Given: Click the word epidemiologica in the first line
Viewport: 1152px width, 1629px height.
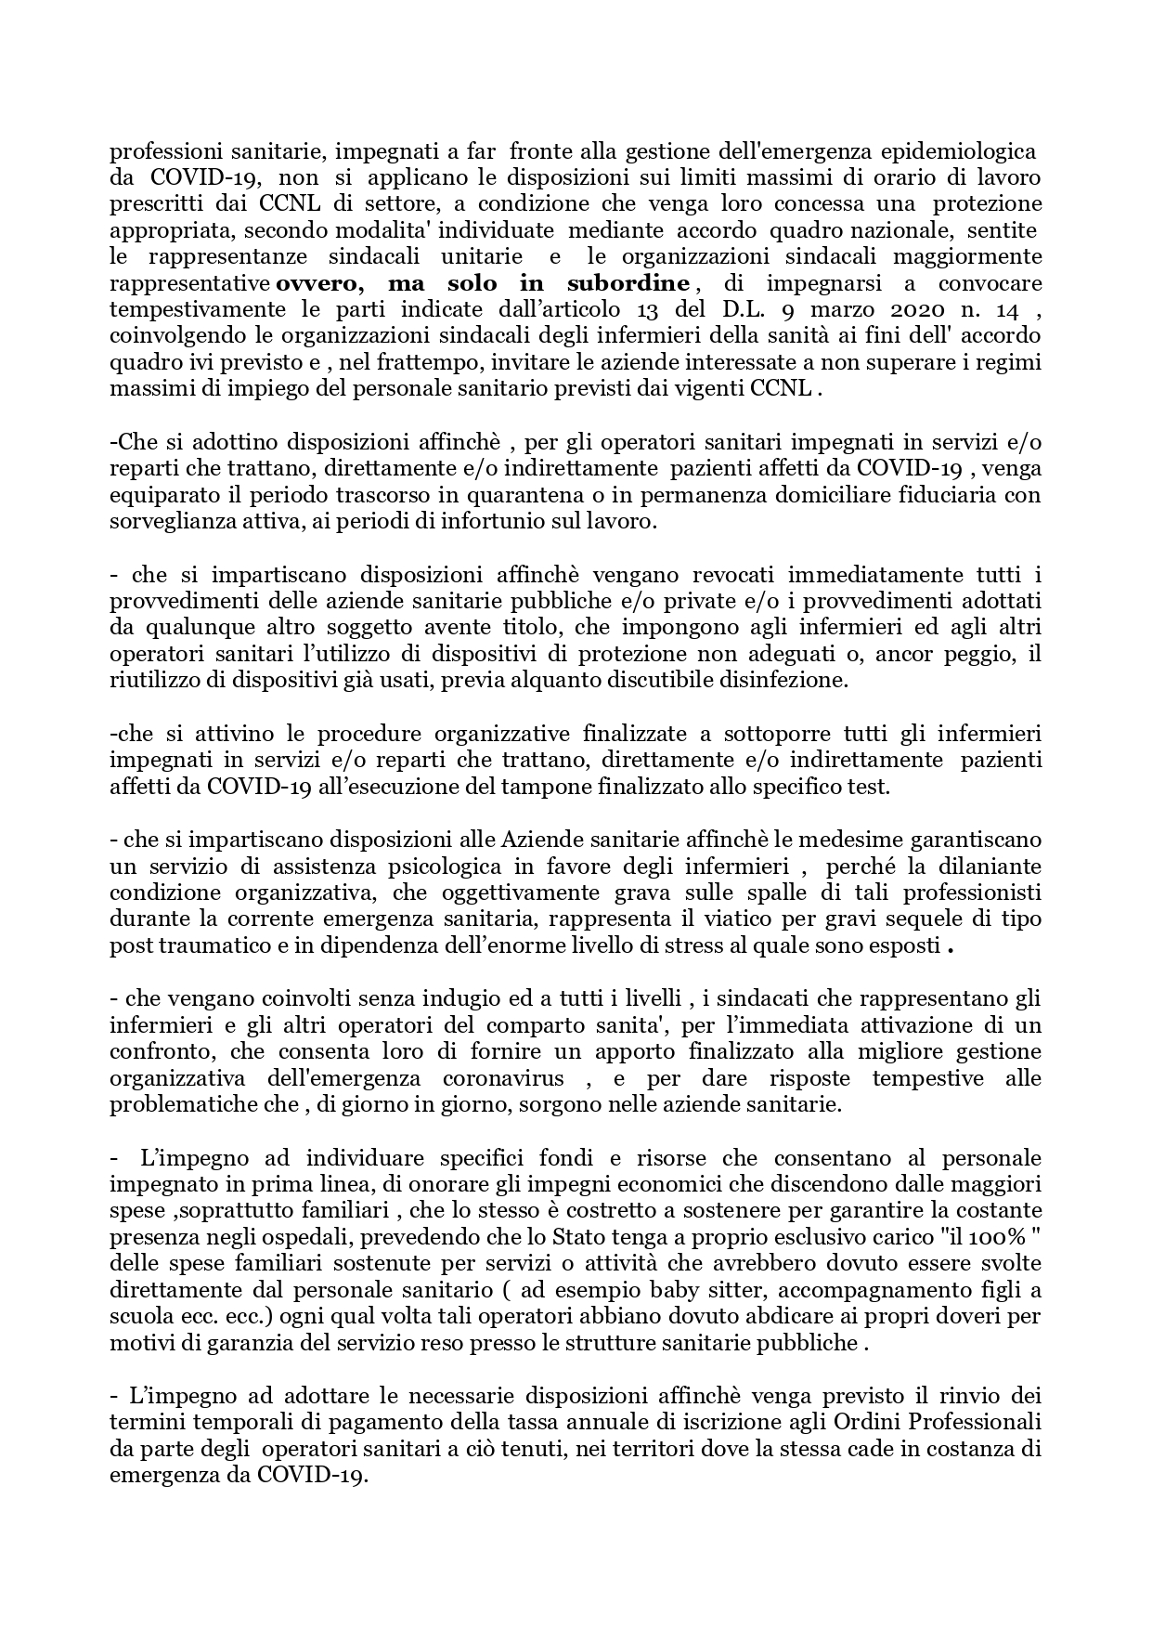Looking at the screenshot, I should click(969, 150).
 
